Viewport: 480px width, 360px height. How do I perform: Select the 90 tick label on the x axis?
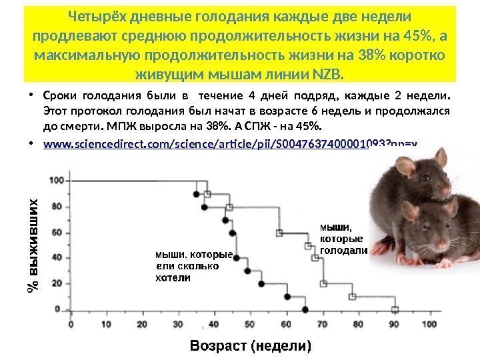(394, 324)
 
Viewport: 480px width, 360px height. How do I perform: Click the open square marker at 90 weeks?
(395, 309)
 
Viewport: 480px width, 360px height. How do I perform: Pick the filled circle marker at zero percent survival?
(305, 310)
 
